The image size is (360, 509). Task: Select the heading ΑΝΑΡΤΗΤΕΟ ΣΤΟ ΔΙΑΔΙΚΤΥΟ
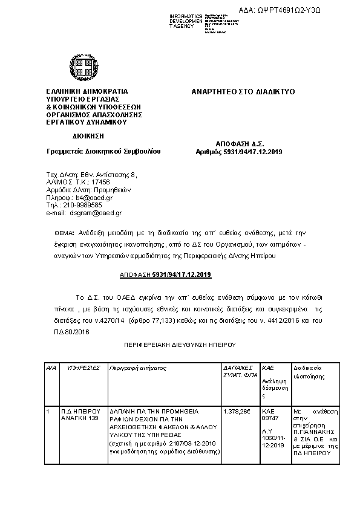(x=243, y=91)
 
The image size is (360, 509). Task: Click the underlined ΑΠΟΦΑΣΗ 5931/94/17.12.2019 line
(x=164, y=275)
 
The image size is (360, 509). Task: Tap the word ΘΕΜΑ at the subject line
(x=64, y=232)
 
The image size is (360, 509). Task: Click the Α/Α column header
(x=51, y=368)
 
